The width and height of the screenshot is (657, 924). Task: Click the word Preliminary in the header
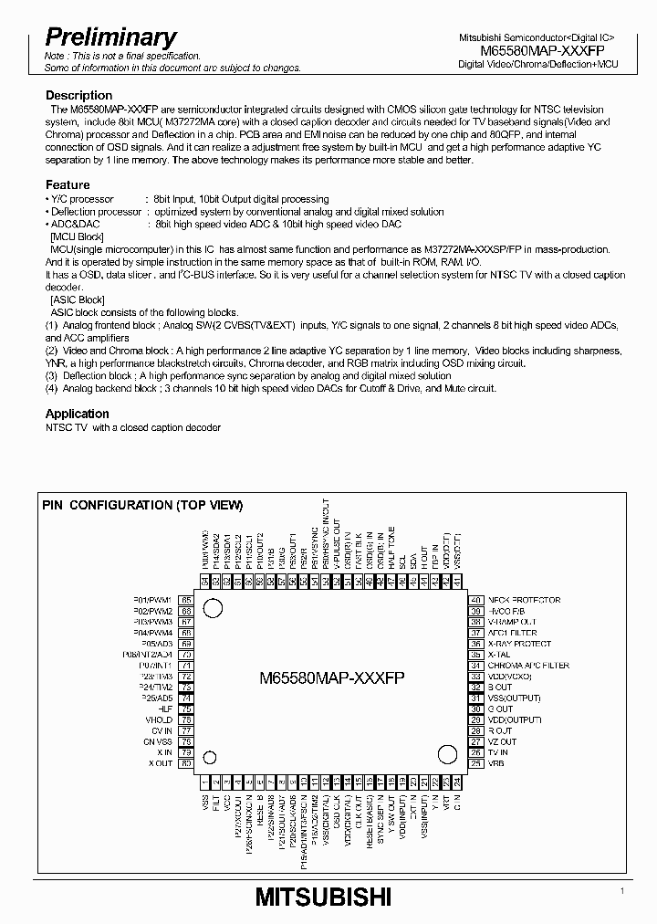pos(110,37)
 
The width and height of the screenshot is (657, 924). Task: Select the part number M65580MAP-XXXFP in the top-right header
pos(538,51)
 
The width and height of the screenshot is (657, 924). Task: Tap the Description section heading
pos(79,95)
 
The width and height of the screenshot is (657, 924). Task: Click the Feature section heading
pos(68,184)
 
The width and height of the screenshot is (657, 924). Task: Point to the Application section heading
pos(78,414)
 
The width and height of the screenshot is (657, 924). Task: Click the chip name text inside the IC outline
pos(332,678)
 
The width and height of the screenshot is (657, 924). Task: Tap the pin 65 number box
pos(186,600)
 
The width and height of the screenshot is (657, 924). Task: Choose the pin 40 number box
pos(475,600)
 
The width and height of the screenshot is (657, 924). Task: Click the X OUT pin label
pos(161,763)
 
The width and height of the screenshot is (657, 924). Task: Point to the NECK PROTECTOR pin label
pos(524,600)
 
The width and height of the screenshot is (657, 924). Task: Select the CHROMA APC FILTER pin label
pos(528,666)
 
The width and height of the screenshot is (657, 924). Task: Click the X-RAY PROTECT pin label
pos(519,644)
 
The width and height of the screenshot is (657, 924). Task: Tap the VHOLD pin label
pos(159,719)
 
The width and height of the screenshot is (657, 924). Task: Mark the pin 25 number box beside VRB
pos(475,763)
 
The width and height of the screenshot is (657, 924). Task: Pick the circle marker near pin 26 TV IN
pos(447,754)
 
